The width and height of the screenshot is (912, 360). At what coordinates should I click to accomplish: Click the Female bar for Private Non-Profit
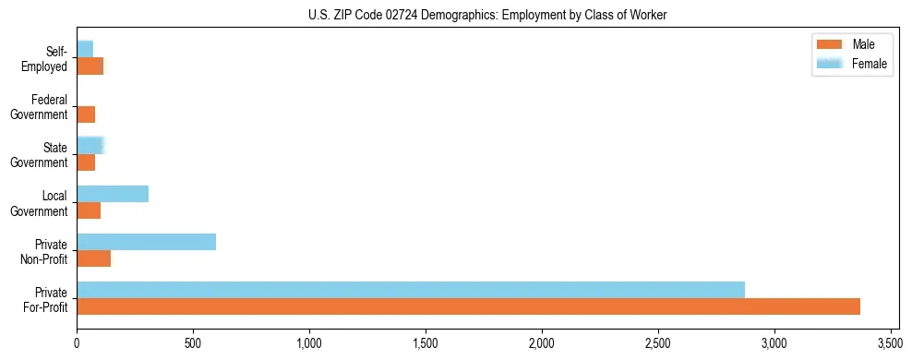coord(146,242)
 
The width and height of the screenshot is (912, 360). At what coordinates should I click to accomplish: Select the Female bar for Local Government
coord(113,194)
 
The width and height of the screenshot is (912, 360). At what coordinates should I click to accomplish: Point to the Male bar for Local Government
coord(89,210)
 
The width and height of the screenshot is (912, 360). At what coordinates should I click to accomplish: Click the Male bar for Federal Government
coord(86,114)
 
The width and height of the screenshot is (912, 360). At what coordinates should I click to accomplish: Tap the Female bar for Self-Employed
coord(85,49)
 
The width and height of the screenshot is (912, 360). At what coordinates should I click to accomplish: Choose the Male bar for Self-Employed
coord(90,66)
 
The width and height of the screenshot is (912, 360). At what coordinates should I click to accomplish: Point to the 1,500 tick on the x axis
coord(426,343)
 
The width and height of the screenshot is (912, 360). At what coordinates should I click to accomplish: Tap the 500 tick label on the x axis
coord(193,343)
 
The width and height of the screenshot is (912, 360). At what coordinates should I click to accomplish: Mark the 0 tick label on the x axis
coord(77,343)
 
